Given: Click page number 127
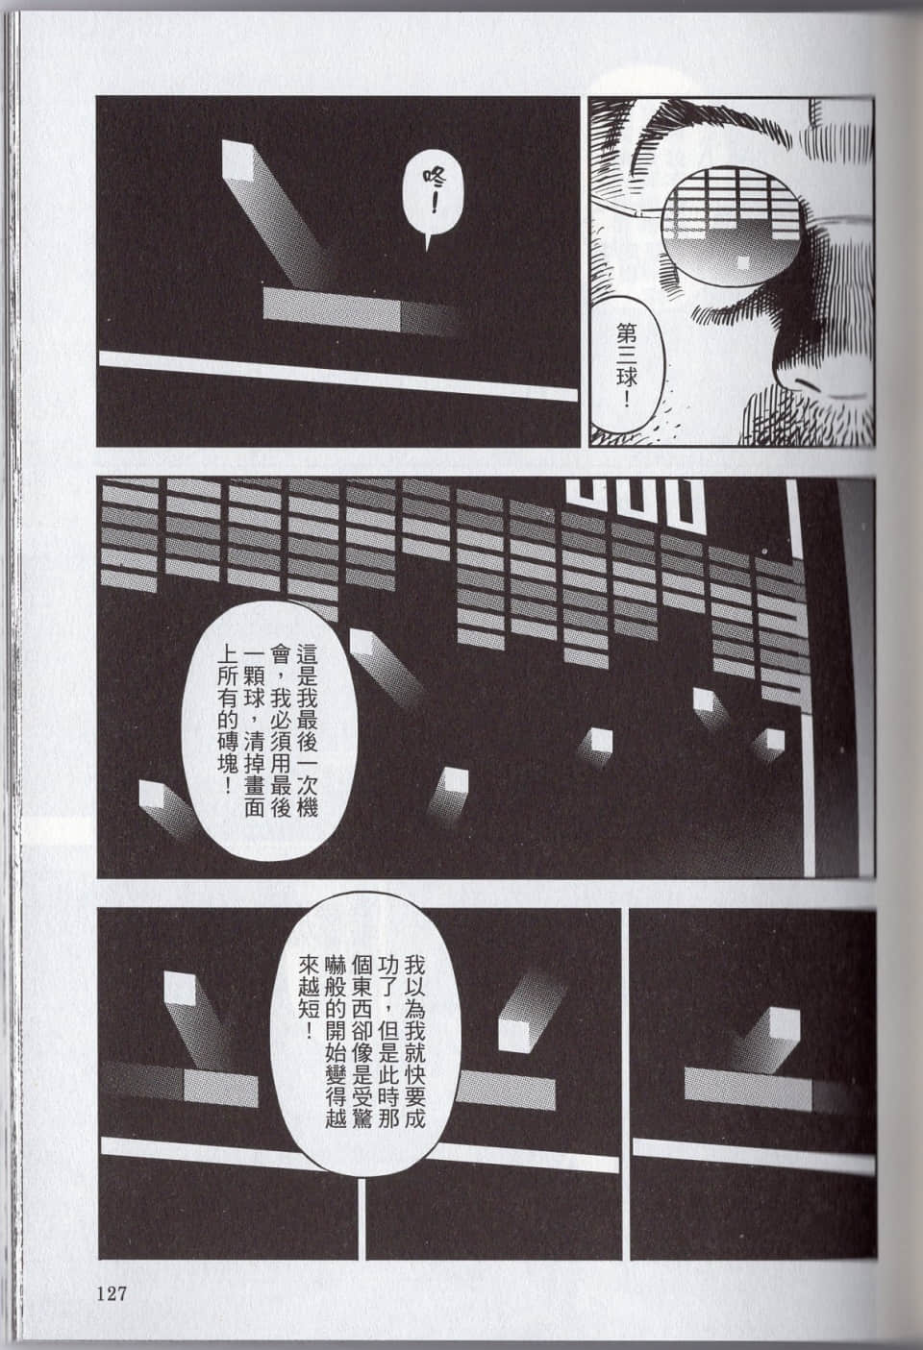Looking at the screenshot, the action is point(113,1293).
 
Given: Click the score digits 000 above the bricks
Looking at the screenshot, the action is point(635,503).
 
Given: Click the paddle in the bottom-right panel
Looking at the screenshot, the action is point(748,1085).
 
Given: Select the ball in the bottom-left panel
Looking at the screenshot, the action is point(180,987).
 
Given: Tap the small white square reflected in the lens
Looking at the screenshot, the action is point(743,260).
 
